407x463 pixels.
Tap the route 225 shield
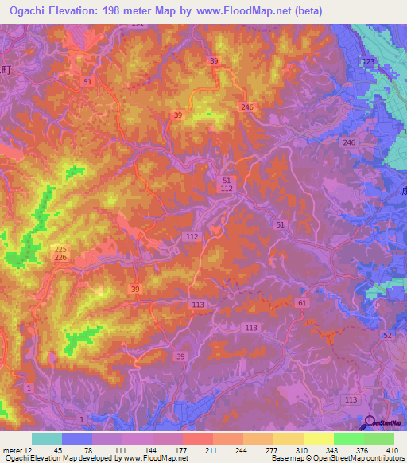(61, 249)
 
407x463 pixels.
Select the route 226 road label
(61, 258)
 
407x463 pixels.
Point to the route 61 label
(302, 303)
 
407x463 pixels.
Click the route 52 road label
(387, 337)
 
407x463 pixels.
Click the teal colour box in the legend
(47, 438)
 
